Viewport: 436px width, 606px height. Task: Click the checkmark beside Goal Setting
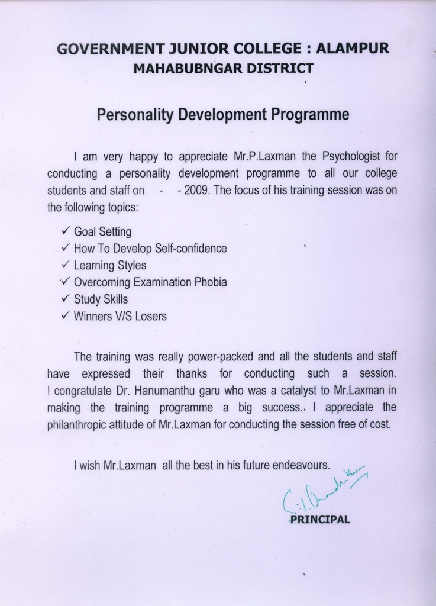pos(66,230)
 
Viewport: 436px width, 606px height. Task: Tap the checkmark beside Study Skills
pos(66,299)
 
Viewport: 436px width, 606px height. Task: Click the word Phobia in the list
pos(211,282)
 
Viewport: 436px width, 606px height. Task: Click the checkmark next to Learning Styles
pos(66,265)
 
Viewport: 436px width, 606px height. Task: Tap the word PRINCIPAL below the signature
pos(320,520)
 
